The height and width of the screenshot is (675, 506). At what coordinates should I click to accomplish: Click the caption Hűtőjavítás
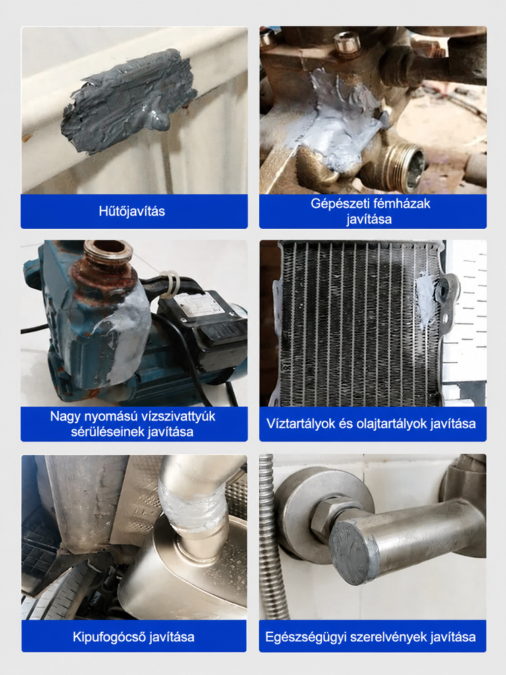point(132,211)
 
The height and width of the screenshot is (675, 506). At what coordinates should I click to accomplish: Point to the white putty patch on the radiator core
point(426,297)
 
